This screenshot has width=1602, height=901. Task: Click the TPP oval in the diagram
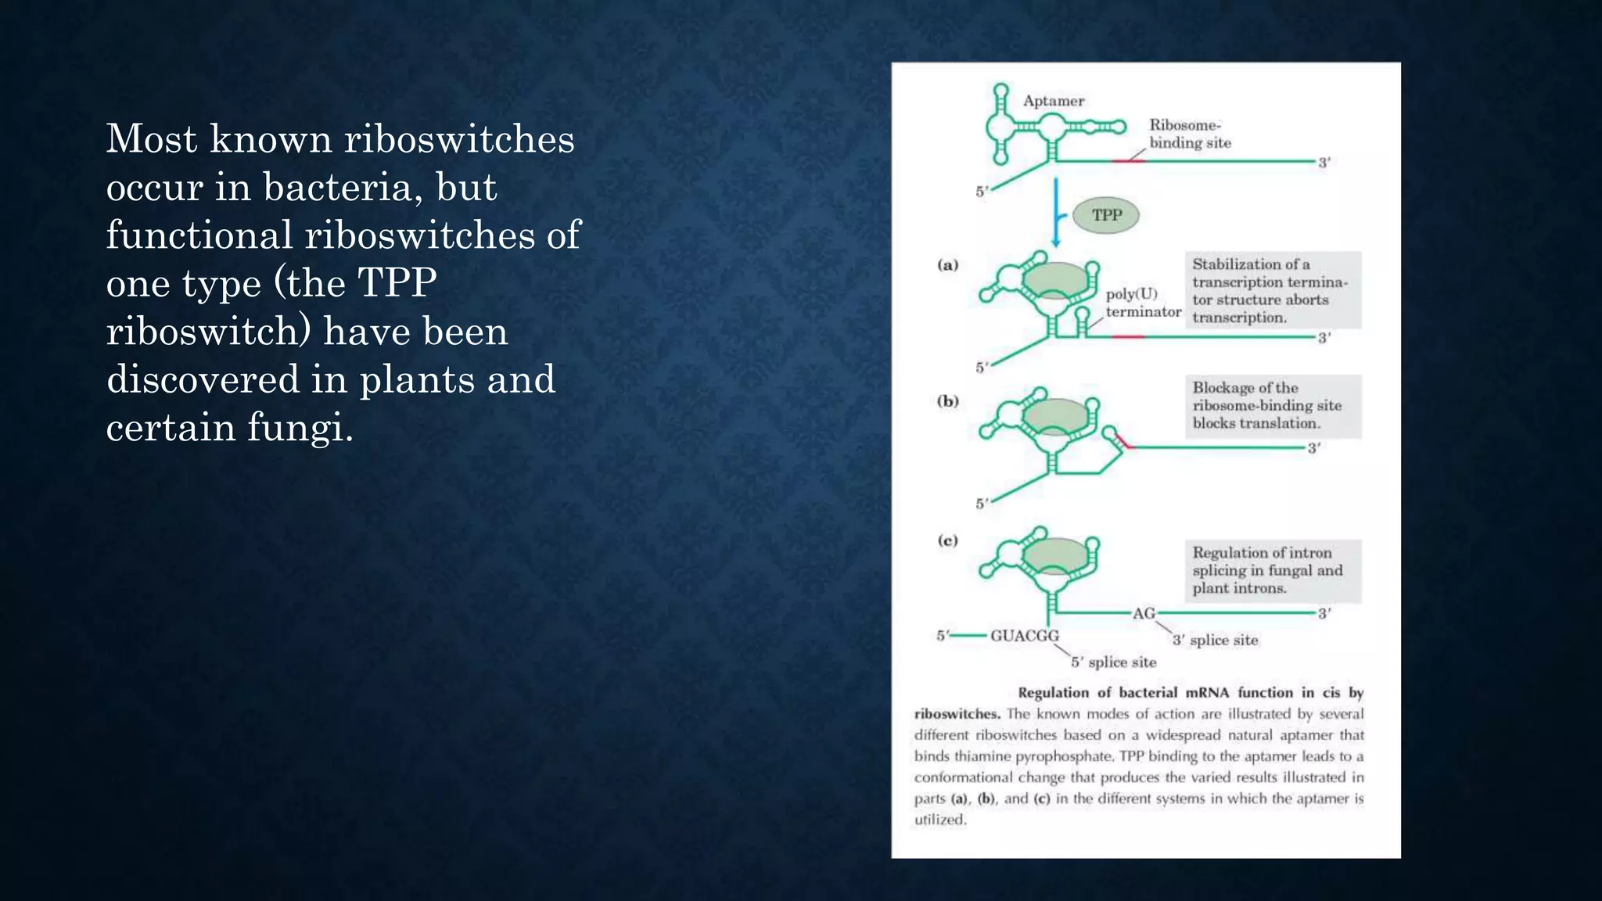(x=1105, y=215)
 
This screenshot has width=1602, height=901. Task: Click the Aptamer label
(x=1054, y=101)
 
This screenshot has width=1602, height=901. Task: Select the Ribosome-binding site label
(x=1189, y=134)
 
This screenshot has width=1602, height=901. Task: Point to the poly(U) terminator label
(x=1142, y=303)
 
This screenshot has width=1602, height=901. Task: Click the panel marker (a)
(x=947, y=265)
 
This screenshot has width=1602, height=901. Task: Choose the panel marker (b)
(x=947, y=401)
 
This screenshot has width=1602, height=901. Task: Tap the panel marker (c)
(x=947, y=540)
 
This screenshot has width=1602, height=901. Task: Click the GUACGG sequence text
(x=1024, y=636)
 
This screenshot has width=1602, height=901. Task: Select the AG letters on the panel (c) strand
(x=1144, y=613)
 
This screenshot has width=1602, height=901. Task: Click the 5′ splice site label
(x=1113, y=662)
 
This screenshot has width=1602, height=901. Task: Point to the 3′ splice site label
(x=1215, y=641)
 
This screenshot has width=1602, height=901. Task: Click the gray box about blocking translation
(x=1273, y=406)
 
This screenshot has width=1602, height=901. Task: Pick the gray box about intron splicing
(x=1273, y=570)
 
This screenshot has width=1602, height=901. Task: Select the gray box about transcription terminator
(x=1273, y=290)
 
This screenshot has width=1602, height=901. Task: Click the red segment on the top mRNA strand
(x=1128, y=161)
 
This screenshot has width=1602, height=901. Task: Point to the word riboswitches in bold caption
(x=957, y=714)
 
